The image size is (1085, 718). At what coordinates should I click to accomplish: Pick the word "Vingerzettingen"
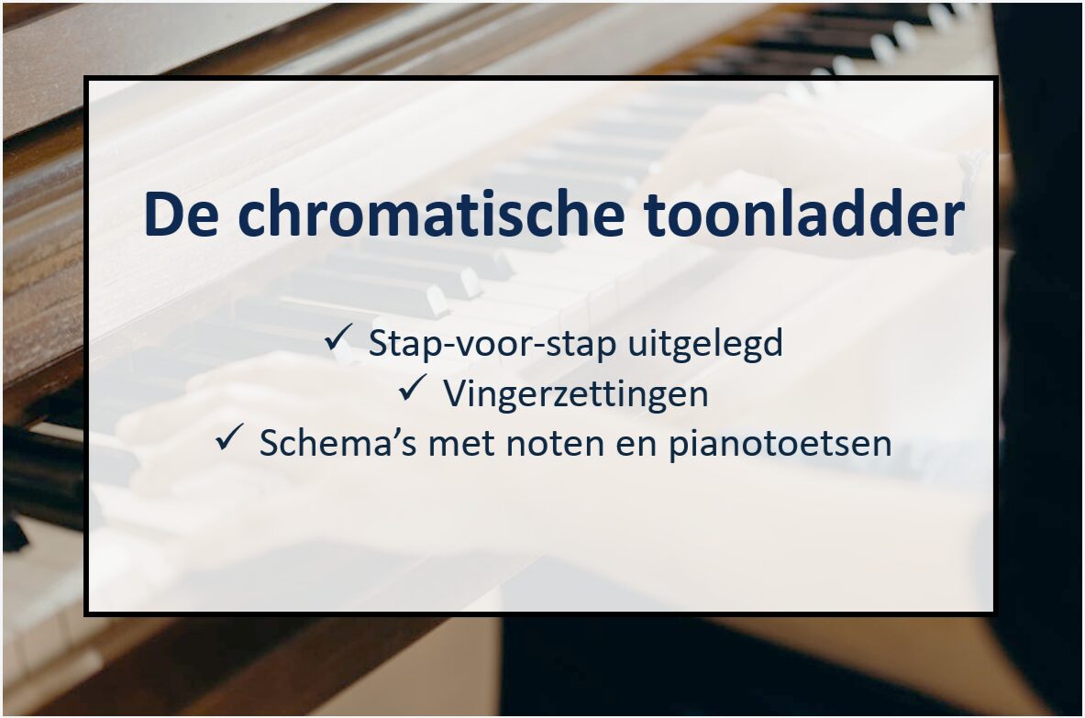click(x=575, y=394)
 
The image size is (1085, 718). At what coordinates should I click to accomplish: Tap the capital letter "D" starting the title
click(x=161, y=216)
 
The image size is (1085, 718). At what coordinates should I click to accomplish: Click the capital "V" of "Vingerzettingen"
click(x=454, y=394)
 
